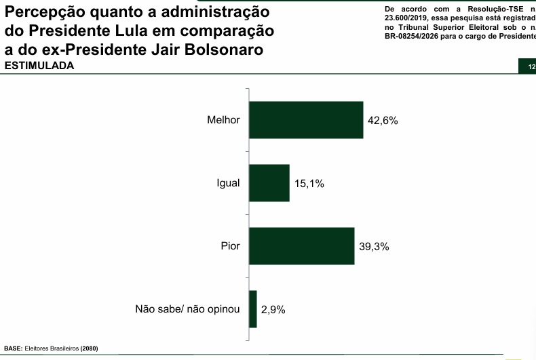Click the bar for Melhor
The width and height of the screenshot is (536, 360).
(306, 120)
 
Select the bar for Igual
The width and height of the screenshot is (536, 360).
(269, 183)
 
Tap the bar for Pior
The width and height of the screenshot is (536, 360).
(302, 246)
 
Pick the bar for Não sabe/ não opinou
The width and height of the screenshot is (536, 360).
(253, 309)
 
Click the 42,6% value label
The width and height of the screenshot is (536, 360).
(382, 121)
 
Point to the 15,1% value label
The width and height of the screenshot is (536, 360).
(309, 184)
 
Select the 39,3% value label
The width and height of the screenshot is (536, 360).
(374, 247)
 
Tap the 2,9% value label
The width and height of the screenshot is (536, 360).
(273, 310)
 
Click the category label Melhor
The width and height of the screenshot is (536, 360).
(223, 120)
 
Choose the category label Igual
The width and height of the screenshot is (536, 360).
(228, 183)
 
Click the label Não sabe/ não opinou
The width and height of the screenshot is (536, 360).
(188, 309)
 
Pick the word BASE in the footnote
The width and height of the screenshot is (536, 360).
(13, 349)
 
